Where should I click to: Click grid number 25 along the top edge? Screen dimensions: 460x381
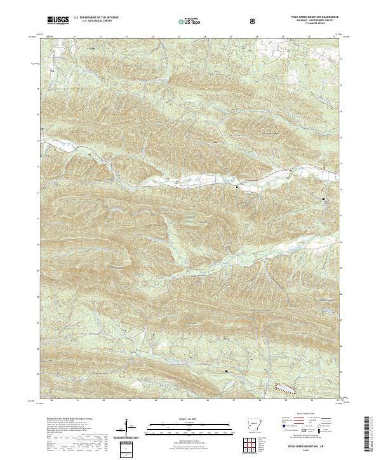pos(179,37)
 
